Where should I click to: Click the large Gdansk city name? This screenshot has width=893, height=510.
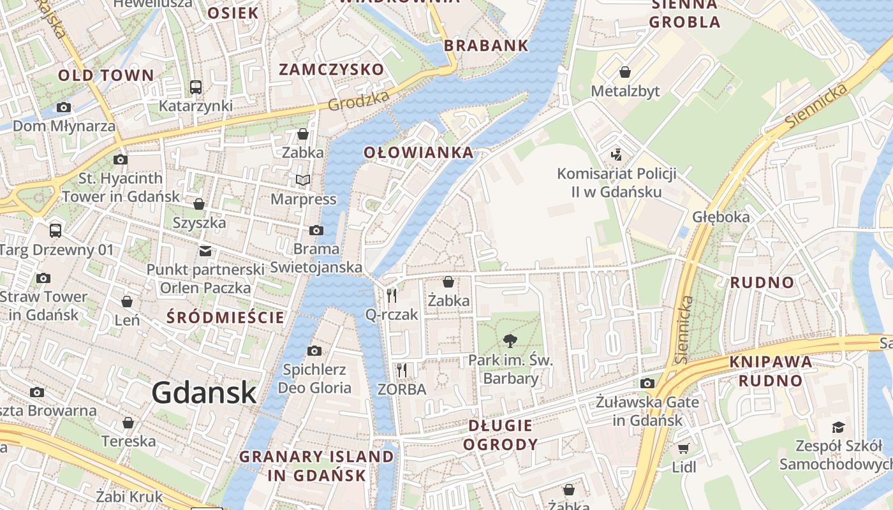[x=204, y=392]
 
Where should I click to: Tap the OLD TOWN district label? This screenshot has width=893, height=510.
[x=106, y=75]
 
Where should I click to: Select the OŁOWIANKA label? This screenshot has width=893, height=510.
[x=418, y=152]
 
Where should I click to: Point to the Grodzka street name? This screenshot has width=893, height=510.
[x=359, y=101]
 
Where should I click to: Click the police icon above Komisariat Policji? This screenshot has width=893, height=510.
[x=616, y=154]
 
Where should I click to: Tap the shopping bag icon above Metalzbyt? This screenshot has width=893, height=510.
[x=625, y=72]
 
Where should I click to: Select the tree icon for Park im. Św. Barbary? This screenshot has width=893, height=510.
[x=510, y=341]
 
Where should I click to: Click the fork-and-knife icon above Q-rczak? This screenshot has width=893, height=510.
[x=392, y=295]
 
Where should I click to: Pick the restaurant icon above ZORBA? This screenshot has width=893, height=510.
[x=401, y=370]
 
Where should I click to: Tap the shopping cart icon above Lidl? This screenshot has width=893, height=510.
[x=684, y=448]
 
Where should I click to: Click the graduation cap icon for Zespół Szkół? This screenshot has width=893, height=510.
[x=838, y=427]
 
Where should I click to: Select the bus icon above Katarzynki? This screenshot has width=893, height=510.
[x=196, y=87]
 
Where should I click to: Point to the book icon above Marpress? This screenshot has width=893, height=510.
[x=303, y=180]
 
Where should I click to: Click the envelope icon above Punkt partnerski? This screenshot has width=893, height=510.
[x=205, y=251]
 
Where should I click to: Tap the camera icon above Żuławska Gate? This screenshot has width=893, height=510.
[x=647, y=383]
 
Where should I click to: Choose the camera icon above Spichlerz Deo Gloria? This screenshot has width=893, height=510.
[x=314, y=351]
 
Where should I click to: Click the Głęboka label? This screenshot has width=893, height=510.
[x=721, y=217]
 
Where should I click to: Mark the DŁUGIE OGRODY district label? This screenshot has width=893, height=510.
[x=500, y=435]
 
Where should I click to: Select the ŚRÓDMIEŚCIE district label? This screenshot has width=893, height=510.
[x=225, y=317]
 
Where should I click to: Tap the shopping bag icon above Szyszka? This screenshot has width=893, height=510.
[x=199, y=204]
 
